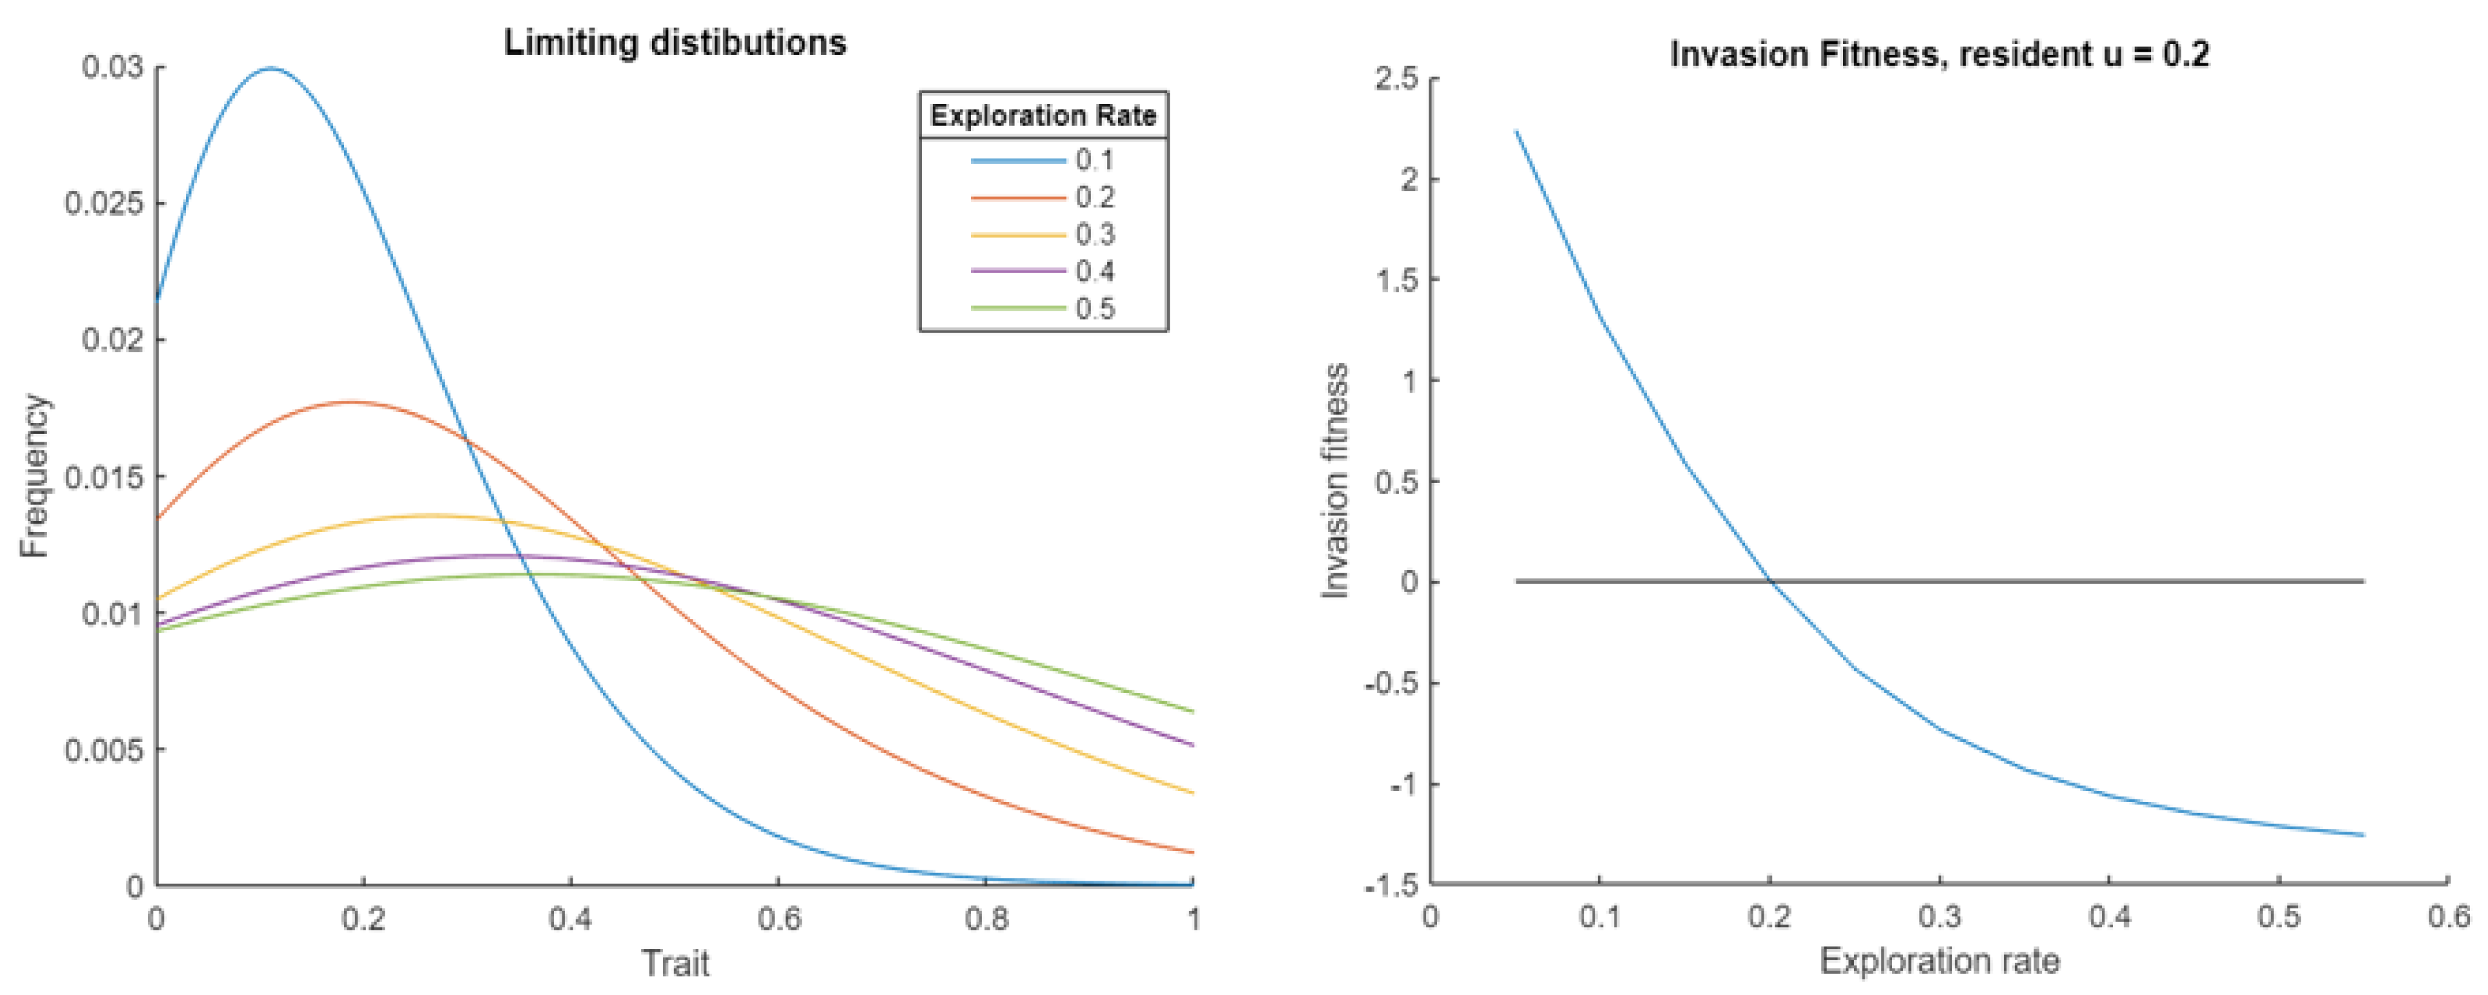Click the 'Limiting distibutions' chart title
pos(675,43)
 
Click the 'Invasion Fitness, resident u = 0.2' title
pos(1939,54)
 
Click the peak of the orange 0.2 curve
pos(350,402)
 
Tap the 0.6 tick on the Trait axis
pos(779,919)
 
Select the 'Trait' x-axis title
pos(675,964)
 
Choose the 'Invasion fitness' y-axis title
pos(1336,481)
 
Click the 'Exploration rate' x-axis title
pos(1939,962)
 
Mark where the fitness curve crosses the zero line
pos(1769,582)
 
